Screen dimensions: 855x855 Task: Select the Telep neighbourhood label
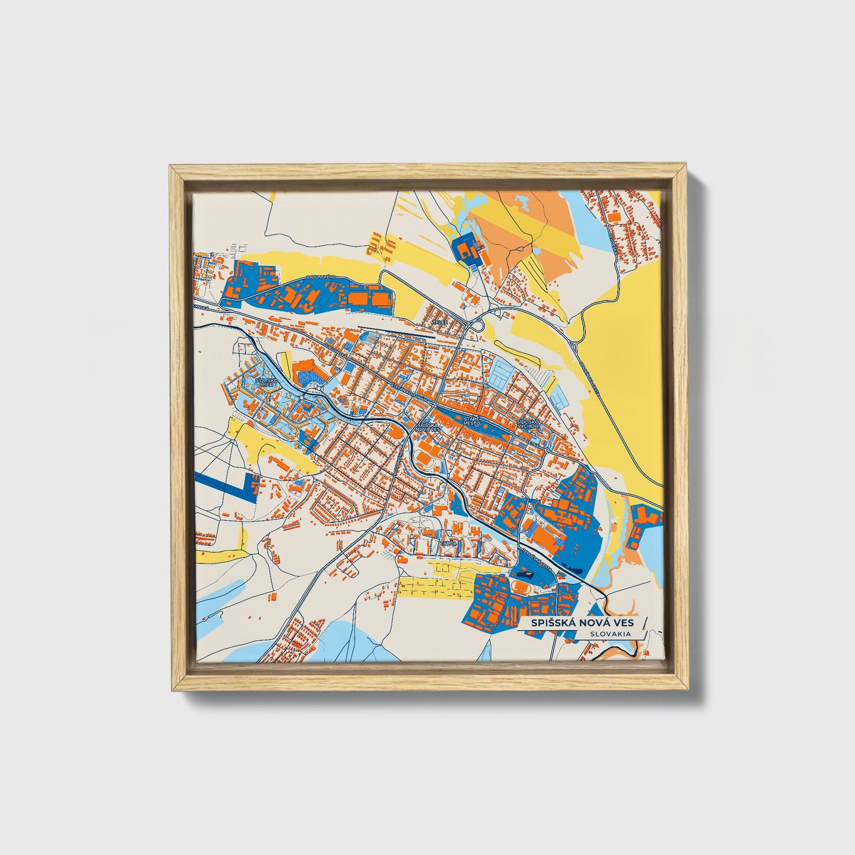pos(439,322)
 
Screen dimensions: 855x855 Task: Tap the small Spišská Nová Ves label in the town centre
pos(428,428)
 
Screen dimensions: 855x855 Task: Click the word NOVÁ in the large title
pos(585,623)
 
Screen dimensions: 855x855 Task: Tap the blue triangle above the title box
pos(595,609)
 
